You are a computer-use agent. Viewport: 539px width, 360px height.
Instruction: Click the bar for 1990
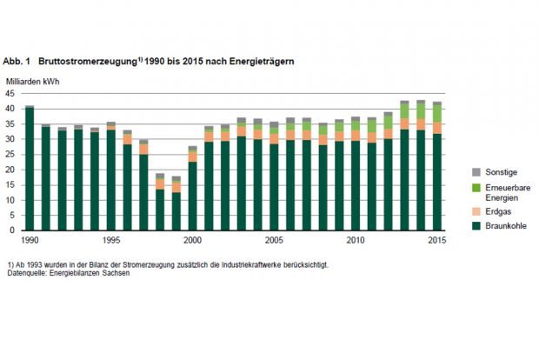[x=30, y=169]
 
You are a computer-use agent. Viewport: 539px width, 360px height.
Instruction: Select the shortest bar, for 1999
[x=176, y=203]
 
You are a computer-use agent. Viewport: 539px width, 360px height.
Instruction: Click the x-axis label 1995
[x=111, y=240]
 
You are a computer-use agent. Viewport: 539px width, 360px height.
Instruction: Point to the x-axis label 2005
[x=274, y=240]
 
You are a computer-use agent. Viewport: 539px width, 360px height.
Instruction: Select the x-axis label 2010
[x=356, y=240]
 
